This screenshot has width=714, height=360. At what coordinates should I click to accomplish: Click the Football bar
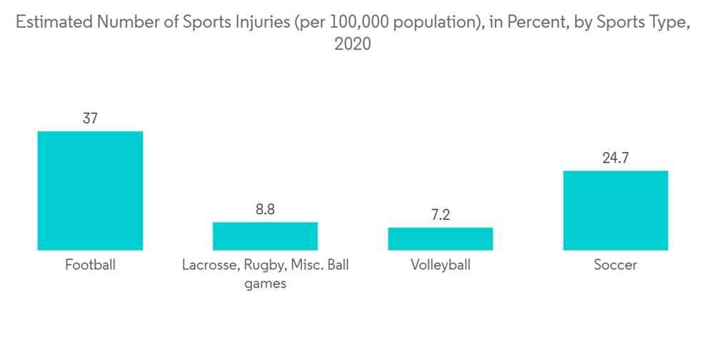tap(90, 191)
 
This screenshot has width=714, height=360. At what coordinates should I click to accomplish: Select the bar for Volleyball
tap(441, 239)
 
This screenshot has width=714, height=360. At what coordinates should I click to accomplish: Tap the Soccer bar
tap(615, 210)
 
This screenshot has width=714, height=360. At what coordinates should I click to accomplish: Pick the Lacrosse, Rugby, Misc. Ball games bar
tap(265, 236)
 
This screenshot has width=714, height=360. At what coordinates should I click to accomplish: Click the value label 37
tap(90, 119)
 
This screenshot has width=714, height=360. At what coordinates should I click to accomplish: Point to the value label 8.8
tap(265, 209)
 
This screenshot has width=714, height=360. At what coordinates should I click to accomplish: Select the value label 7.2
tap(441, 215)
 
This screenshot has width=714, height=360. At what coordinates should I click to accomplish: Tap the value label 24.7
tap(615, 158)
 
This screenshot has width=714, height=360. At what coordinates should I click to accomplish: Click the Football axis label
tap(90, 265)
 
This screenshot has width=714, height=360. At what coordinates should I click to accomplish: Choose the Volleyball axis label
tap(441, 265)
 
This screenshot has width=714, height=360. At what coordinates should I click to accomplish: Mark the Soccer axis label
tap(615, 265)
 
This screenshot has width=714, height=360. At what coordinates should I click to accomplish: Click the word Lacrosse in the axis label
tap(209, 265)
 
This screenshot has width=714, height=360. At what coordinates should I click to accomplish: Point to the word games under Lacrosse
tap(265, 284)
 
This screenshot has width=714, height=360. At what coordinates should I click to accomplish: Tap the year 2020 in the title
tap(353, 44)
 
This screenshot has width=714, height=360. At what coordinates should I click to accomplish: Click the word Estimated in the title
tap(54, 22)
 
